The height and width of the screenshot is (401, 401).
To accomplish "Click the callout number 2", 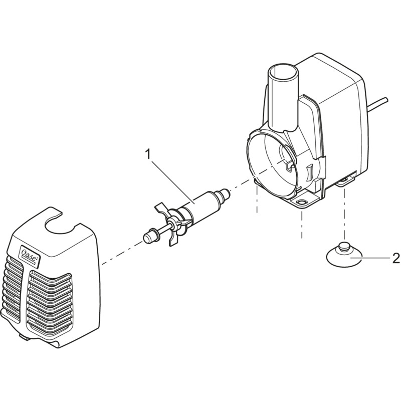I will coord(396,258).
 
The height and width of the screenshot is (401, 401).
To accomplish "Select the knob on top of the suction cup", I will coord(344,248).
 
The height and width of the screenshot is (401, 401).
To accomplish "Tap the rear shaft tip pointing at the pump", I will coord(224,192).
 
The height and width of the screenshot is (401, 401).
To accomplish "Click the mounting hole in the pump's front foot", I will coord(302,203).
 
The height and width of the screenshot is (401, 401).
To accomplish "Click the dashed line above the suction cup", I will coord(344,216).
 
